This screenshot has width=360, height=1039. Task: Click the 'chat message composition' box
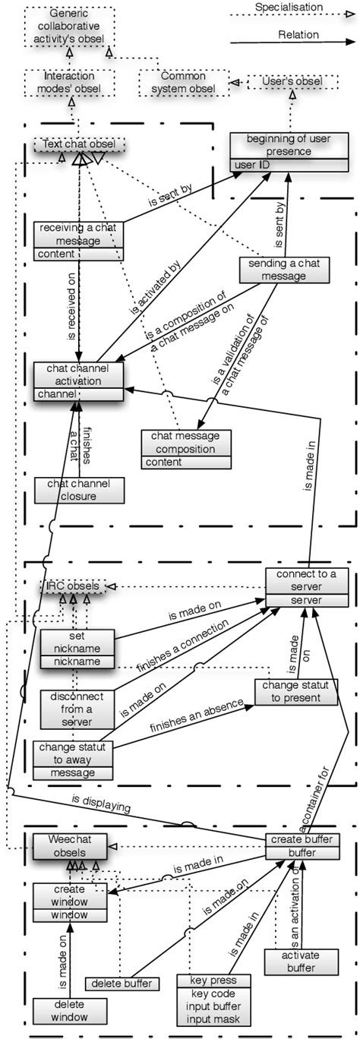point(185,448)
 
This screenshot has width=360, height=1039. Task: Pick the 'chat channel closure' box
point(78,491)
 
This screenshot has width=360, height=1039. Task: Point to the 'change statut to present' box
point(296,692)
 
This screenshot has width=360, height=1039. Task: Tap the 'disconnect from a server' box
point(76,708)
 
